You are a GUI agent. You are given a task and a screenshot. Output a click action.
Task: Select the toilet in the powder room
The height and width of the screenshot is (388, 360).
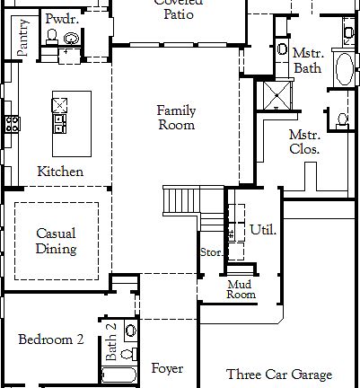pyautogui.click(x=52, y=37)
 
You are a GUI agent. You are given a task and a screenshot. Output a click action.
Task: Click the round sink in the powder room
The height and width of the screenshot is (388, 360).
pyautogui.click(x=71, y=38)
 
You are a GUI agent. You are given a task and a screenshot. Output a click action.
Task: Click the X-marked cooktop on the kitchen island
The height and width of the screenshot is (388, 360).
pyautogui.click(x=60, y=104)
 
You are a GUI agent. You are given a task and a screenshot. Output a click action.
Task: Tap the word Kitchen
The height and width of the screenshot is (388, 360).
pyautogui.click(x=60, y=172)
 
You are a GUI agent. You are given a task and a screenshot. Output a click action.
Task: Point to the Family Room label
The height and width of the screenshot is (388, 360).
pyautogui.click(x=176, y=118)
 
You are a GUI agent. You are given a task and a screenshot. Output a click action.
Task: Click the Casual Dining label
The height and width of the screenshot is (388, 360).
pyautogui.click(x=56, y=241)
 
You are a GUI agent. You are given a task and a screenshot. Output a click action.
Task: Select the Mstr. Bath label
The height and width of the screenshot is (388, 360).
pyautogui.click(x=307, y=60)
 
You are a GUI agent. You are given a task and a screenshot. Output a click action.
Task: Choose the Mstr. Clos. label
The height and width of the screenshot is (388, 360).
pyautogui.click(x=304, y=142)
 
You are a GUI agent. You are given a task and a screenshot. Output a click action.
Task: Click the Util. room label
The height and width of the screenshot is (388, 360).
pyautogui.click(x=263, y=230)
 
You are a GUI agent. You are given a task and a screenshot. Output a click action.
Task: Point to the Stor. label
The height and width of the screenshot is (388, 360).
pyautogui.click(x=211, y=252)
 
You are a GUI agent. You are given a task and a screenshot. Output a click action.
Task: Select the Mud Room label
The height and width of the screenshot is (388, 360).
pyautogui.click(x=241, y=289)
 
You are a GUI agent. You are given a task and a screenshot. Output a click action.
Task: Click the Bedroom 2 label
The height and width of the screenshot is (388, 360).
pyautogui.click(x=51, y=339)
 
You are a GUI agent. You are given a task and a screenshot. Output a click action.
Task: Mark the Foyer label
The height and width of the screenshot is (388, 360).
pyautogui.click(x=167, y=368)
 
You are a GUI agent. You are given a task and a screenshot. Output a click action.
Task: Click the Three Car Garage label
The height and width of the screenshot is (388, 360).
pyautogui.click(x=279, y=375)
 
